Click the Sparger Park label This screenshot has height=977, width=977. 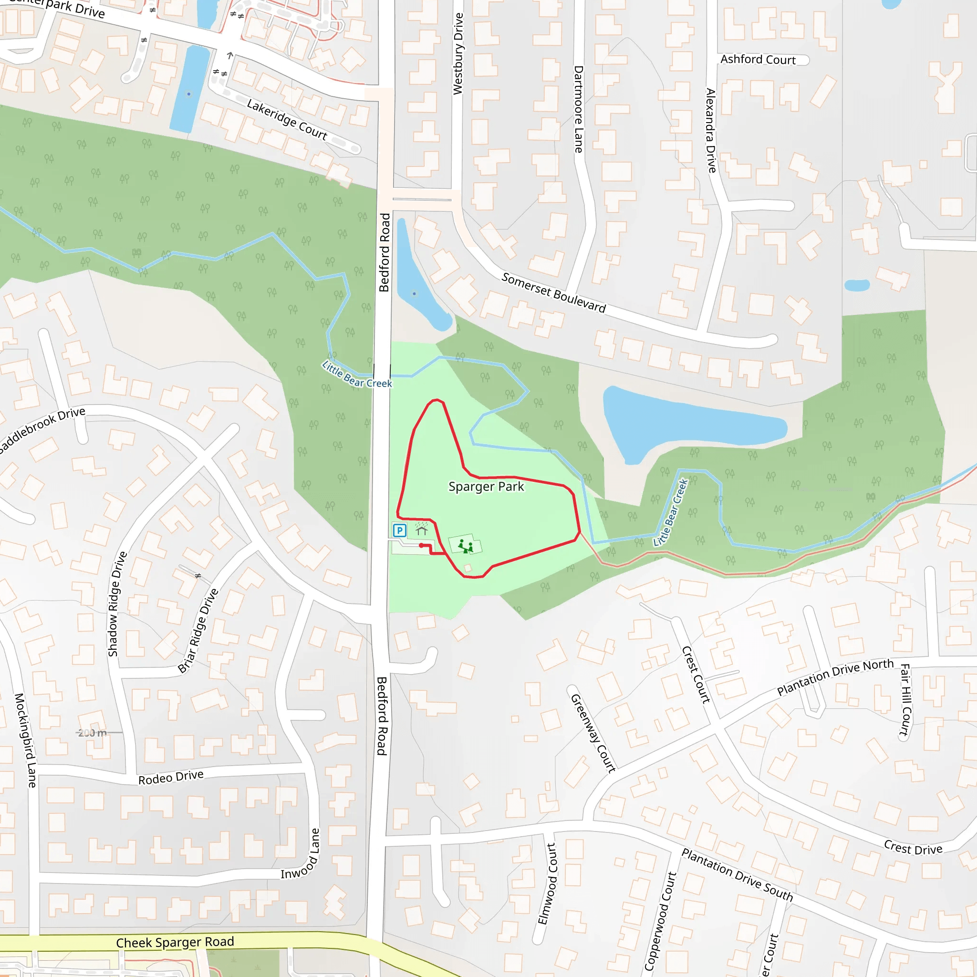(486, 487)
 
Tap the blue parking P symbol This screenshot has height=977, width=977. (399, 530)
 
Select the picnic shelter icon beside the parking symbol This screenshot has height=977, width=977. (421, 530)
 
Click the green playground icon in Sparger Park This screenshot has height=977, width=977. (465, 546)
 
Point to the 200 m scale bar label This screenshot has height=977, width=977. (93, 733)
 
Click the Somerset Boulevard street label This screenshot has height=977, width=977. (553, 293)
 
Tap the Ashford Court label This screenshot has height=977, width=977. (758, 60)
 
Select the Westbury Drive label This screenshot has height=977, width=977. (457, 53)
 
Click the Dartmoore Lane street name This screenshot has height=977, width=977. (579, 109)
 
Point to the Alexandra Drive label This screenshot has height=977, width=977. (711, 130)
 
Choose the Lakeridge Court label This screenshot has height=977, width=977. (287, 119)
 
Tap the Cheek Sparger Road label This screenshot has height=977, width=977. (175, 942)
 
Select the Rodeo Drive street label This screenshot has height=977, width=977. (171, 778)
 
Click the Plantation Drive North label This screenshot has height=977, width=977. (835, 676)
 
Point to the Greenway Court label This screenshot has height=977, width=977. (592, 733)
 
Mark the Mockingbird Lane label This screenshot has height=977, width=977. (25, 740)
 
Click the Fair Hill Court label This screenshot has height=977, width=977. (904, 699)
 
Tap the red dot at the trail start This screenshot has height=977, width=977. (421, 545)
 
